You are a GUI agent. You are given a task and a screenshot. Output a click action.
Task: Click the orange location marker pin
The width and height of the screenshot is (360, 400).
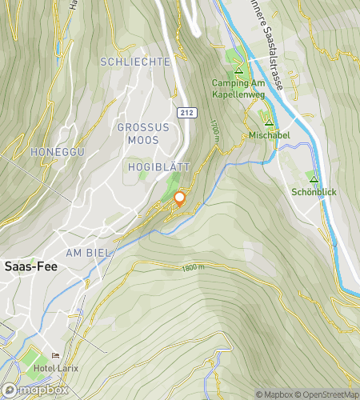pyautogui.click(x=179, y=199)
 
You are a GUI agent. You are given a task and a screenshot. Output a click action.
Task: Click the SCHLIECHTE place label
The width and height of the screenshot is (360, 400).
pyautogui.click(x=135, y=62)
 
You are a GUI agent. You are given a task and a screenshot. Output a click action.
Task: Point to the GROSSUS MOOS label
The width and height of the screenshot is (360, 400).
pyautogui.click(x=144, y=134)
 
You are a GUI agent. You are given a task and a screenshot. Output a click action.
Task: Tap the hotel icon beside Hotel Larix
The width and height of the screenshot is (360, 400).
pyautogui.click(x=55, y=356)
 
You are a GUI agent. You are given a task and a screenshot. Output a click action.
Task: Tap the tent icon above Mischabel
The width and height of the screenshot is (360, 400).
pyautogui.click(x=269, y=122)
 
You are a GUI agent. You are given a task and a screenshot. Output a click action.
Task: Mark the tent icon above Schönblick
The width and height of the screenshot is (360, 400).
pyautogui.click(x=314, y=179)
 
